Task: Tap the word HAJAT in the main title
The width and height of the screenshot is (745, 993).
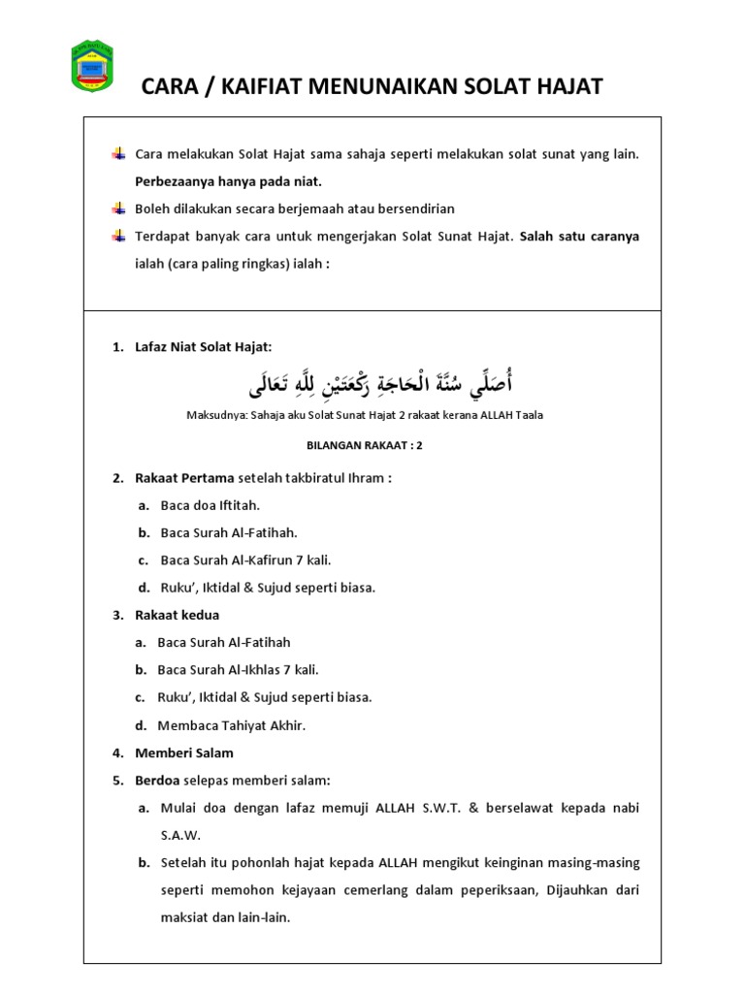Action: click(x=567, y=87)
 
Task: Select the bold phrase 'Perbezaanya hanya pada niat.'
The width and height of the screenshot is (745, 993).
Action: click(x=228, y=181)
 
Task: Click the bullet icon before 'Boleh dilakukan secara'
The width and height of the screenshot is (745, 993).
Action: click(x=118, y=208)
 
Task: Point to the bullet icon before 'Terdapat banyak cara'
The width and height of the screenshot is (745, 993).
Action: click(x=118, y=236)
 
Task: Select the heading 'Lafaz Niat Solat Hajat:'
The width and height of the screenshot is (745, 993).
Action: click(x=205, y=347)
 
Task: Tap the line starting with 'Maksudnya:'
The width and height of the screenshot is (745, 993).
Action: click(x=365, y=415)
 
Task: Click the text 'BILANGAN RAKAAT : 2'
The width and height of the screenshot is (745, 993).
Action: click(x=365, y=446)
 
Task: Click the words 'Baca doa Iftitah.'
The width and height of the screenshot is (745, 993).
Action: click(x=211, y=505)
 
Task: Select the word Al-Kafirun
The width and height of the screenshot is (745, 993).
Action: click(x=263, y=560)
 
